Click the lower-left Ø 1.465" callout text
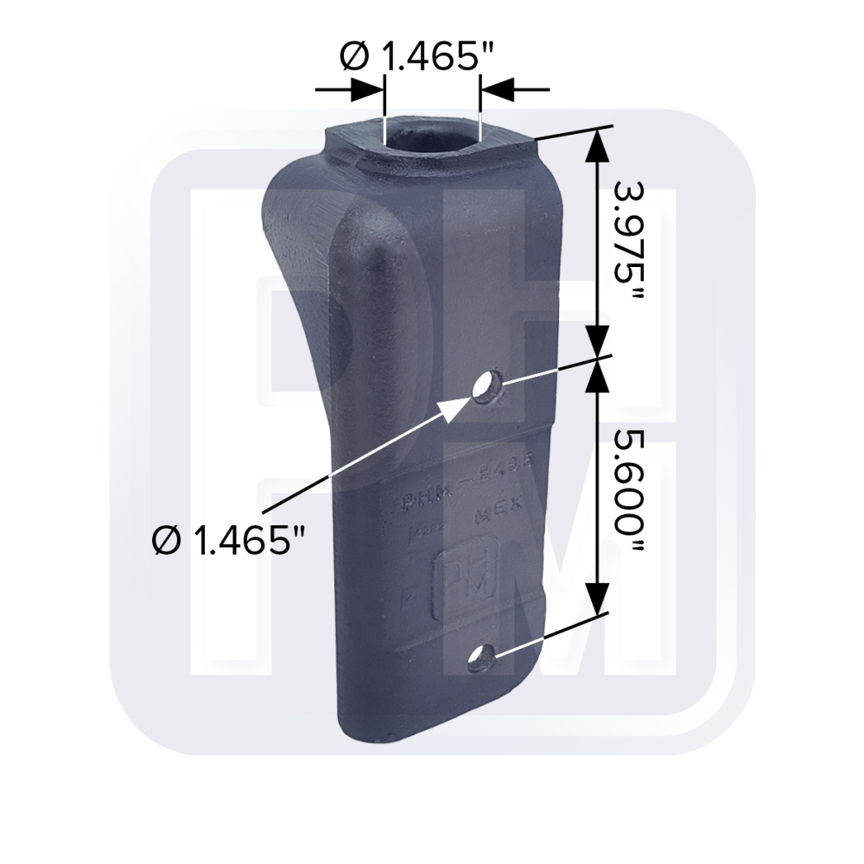pyautogui.click(x=228, y=542)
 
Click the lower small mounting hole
pyautogui.click(x=480, y=659)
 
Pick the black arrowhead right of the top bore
pyautogui.click(x=496, y=89)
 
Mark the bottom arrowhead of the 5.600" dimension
pyautogui.click(x=597, y=595)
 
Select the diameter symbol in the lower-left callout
pyautogui.click(x=163, y=542)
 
